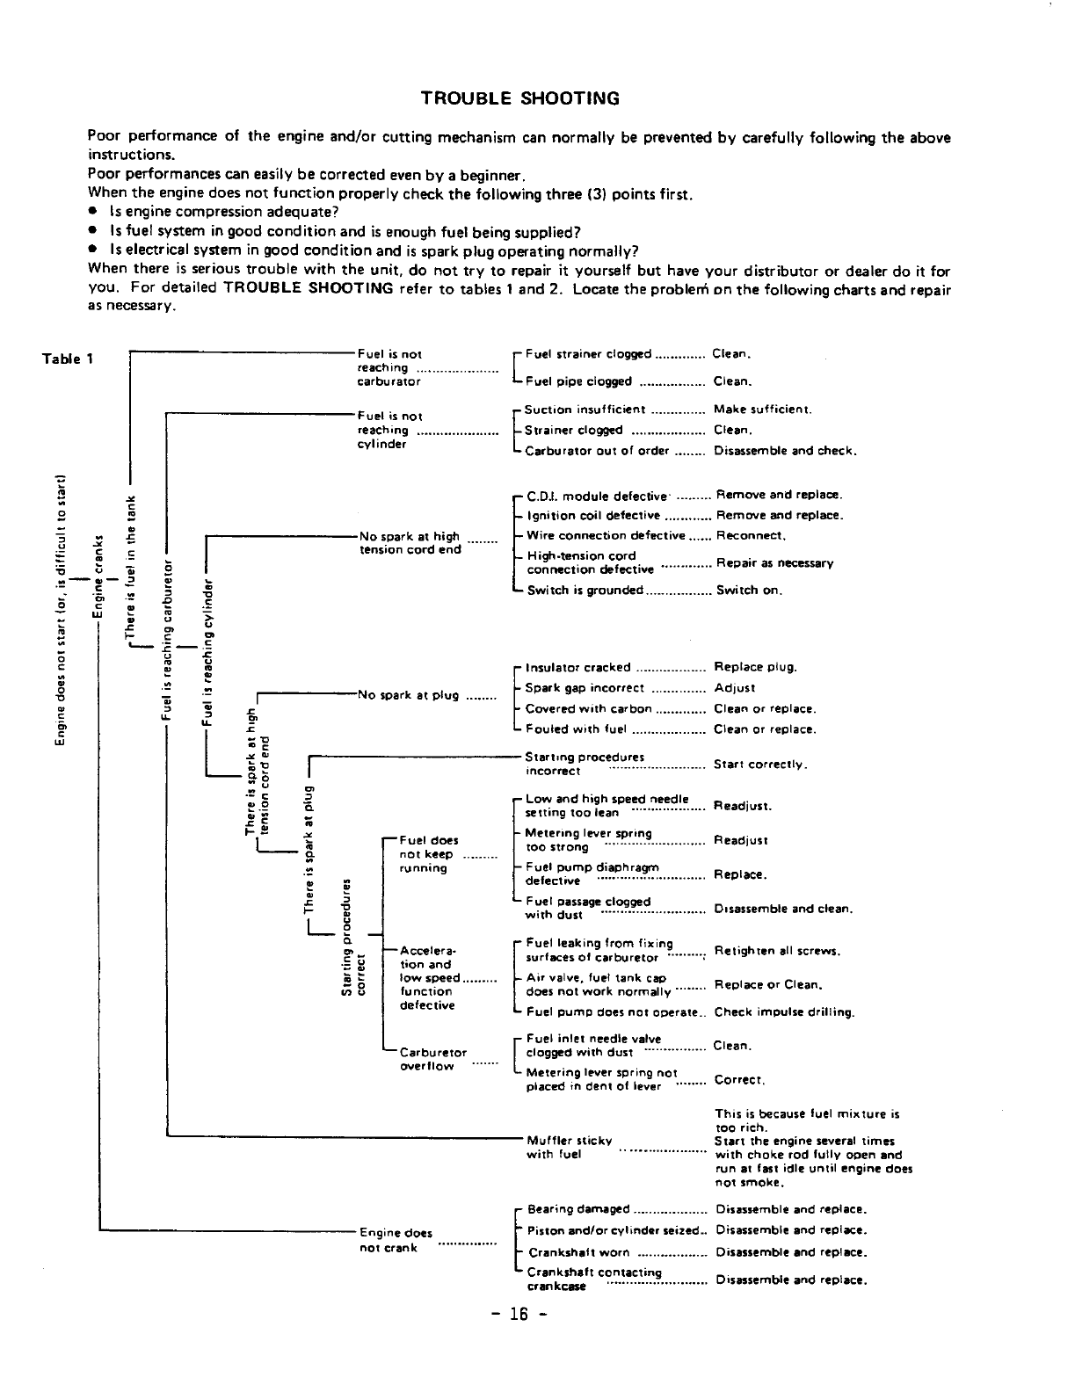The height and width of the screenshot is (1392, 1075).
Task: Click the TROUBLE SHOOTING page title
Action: (520, 98)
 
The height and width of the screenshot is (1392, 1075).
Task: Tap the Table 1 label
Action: (68, 359)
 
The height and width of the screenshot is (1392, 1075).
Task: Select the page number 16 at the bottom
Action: (520, 1315)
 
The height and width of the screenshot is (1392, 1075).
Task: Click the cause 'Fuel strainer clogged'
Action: (588, 354)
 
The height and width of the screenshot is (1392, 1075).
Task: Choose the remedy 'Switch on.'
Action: (748, 591)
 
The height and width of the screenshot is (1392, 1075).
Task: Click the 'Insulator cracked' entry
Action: (577, 667)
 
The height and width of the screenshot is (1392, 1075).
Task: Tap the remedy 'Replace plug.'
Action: (756, 667)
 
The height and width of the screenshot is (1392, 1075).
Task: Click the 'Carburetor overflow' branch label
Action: (432, 1059)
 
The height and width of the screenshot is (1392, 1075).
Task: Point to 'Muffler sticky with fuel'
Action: (569, 1147)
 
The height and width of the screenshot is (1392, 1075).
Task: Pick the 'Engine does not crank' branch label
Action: (396, 1240)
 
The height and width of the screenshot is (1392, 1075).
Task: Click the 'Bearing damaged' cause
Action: (578, 1210)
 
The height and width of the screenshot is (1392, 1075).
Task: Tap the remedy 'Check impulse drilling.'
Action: (784, 1012)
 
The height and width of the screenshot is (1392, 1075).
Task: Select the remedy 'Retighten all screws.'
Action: (778, 951)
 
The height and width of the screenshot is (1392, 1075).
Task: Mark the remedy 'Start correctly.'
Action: (759, 765)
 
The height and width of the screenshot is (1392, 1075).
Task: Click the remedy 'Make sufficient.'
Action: (762, 410)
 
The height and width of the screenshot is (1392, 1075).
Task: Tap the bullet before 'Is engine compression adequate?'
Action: (92, 213)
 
